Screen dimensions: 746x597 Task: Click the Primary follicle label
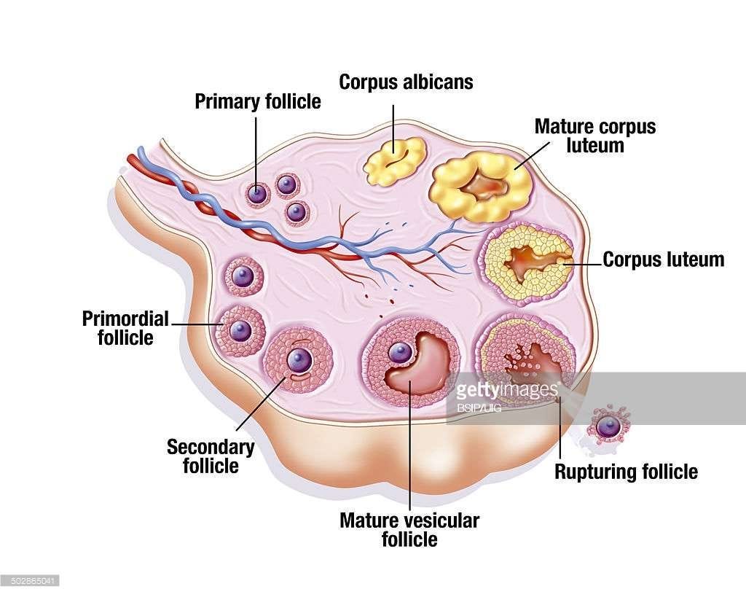click(x=257, y=101)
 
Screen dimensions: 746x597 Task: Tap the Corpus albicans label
click(x=406, y=82)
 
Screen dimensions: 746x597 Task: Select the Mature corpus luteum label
click(x=595, y=136)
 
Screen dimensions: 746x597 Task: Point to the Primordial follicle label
click(x=125, y=328)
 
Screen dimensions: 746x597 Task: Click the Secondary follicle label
click(x=211, y=456)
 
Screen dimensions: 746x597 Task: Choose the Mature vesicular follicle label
click(x=409, y=530)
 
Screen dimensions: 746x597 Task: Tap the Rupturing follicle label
click(x=626, y=472)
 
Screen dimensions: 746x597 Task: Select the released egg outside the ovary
click(x=608, y=425)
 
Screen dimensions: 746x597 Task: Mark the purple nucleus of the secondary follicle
click(x=298, y=359)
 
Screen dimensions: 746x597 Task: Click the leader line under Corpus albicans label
click(x=393, y=124)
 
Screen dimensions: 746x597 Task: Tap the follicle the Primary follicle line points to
click(x=256, y=194)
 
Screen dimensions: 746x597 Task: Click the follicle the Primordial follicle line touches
click(x=240, y=330)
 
